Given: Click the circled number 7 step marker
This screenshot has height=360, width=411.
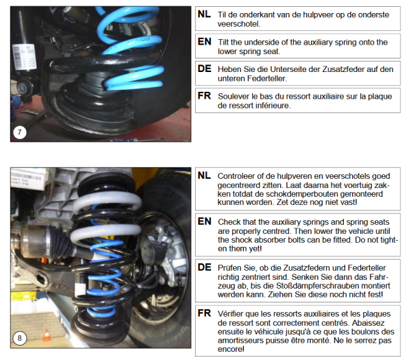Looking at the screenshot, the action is [x=20, y=132].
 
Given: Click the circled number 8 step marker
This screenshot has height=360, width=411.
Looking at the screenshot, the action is [x=20, y=338].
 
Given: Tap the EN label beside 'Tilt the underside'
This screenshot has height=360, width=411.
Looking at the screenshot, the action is [x=204, y=41].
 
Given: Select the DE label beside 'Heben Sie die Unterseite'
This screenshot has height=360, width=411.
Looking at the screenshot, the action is [x=204, y=69].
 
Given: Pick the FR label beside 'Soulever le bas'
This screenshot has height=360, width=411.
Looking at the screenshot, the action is [x=204, y=96].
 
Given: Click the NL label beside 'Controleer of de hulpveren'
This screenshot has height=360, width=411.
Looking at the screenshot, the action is [x=204, y=176].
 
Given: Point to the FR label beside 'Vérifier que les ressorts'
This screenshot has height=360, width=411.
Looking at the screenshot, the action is [x=204, y=313].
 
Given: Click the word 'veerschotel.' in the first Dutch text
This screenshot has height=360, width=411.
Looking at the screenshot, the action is [x=239, y=24].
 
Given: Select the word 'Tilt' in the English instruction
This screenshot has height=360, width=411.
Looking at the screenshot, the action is [x=223, y=42].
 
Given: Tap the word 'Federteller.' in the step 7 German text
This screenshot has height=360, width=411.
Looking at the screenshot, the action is [x=265, y=78].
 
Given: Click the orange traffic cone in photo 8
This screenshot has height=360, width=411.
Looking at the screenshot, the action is [x=47, y=335].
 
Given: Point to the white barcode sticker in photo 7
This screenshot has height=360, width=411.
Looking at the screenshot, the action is [x=25, y=57].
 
